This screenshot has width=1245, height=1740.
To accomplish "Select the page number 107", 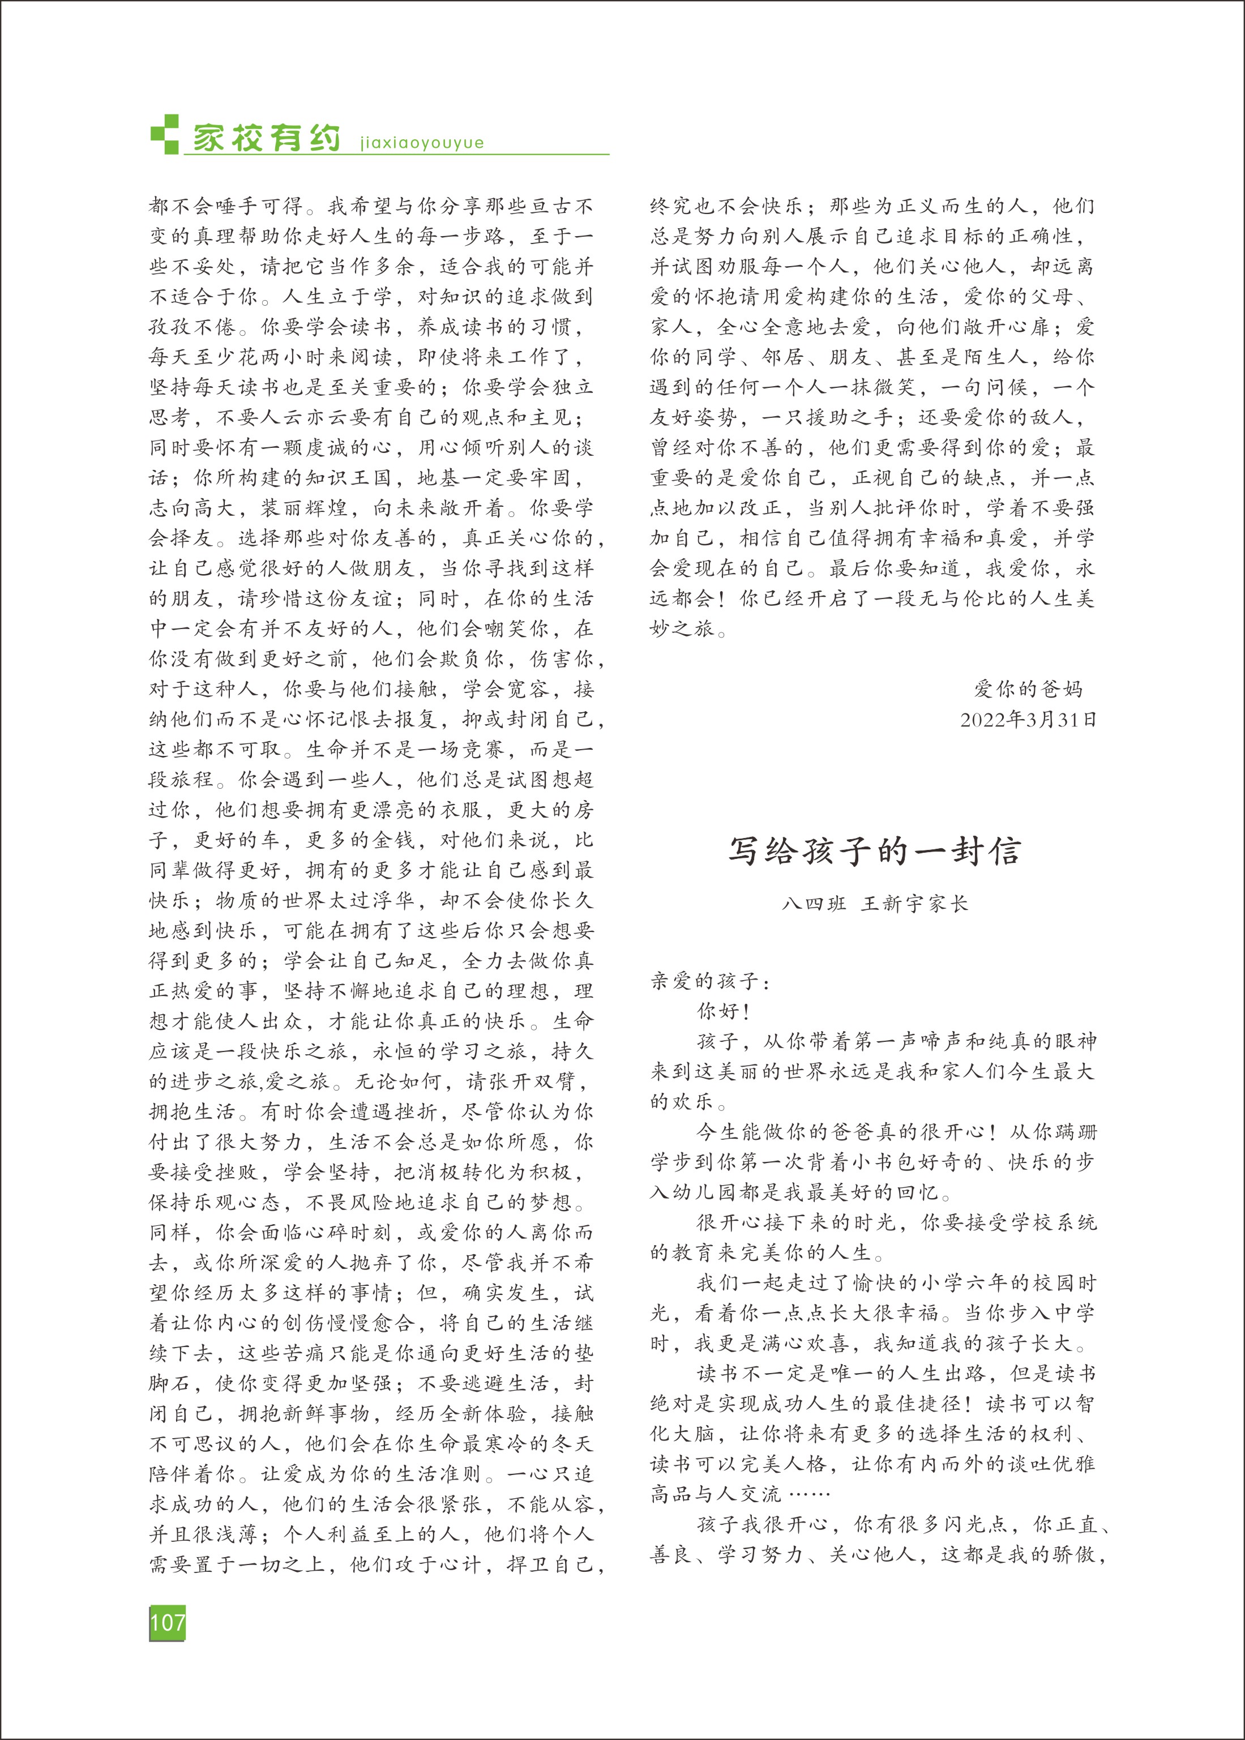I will click(x=167, y=1622).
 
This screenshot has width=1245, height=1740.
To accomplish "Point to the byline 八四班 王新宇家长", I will click(x=874, y=904).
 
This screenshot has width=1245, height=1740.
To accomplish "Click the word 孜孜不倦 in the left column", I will click(x=192, y=327).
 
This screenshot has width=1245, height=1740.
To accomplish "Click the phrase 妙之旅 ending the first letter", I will click(x=682, y=629).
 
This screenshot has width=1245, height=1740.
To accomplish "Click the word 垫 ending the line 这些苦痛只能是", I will click(x=584, y=1353).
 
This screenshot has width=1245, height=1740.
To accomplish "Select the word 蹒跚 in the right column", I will click(x=1075, y=1132).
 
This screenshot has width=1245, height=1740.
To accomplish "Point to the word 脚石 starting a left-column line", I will click(x=170, y=1384).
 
